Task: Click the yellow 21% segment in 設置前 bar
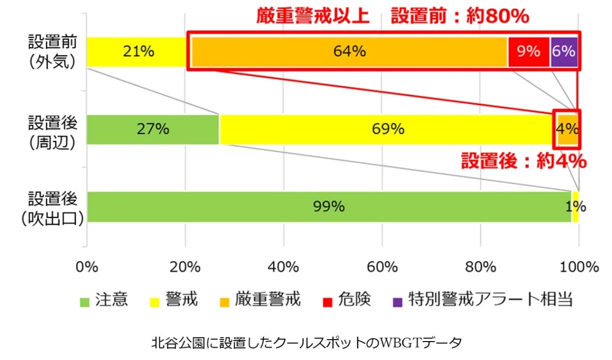137,52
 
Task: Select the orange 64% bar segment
349,52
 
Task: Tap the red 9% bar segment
529,52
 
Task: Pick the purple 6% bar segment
564,52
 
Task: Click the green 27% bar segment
153,129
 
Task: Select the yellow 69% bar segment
388,129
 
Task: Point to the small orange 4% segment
568,129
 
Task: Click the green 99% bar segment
329,207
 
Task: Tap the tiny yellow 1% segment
576,207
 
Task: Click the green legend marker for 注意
85,301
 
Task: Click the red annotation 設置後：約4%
523,162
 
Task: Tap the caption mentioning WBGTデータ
306,342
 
